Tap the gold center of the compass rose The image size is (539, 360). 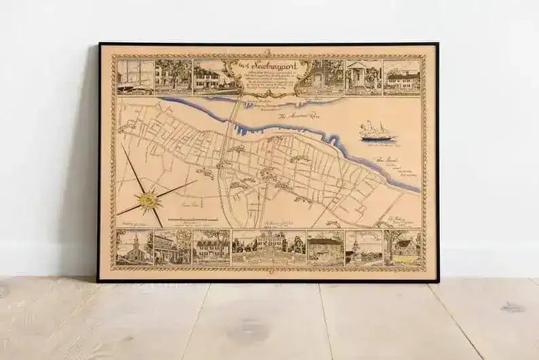149,200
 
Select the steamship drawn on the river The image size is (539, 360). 376,131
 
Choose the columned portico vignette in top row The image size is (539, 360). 363,76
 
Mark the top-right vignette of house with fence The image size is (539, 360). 402,76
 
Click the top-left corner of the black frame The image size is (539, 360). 99,44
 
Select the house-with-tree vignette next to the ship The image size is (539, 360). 173,77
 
